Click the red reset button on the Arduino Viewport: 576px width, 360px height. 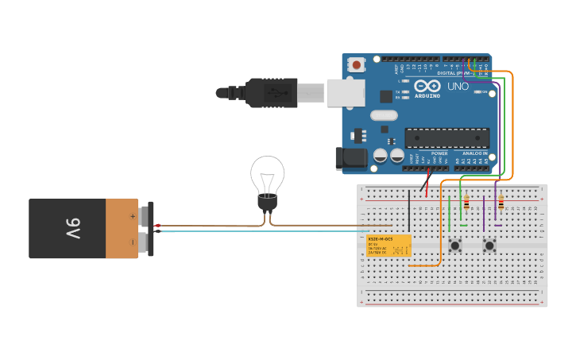click(x=357, y=64)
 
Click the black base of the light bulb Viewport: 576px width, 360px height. click(x=267, y=204)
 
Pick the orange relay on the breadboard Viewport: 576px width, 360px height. click(x=389, y=246)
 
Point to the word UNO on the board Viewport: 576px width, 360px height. click(x=458, y=86)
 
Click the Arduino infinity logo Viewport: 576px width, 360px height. click(x=425, y=87)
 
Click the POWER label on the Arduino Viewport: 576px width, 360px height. click(x=439, y=153)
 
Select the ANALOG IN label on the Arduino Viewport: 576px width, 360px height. click(x=475, y=153)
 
